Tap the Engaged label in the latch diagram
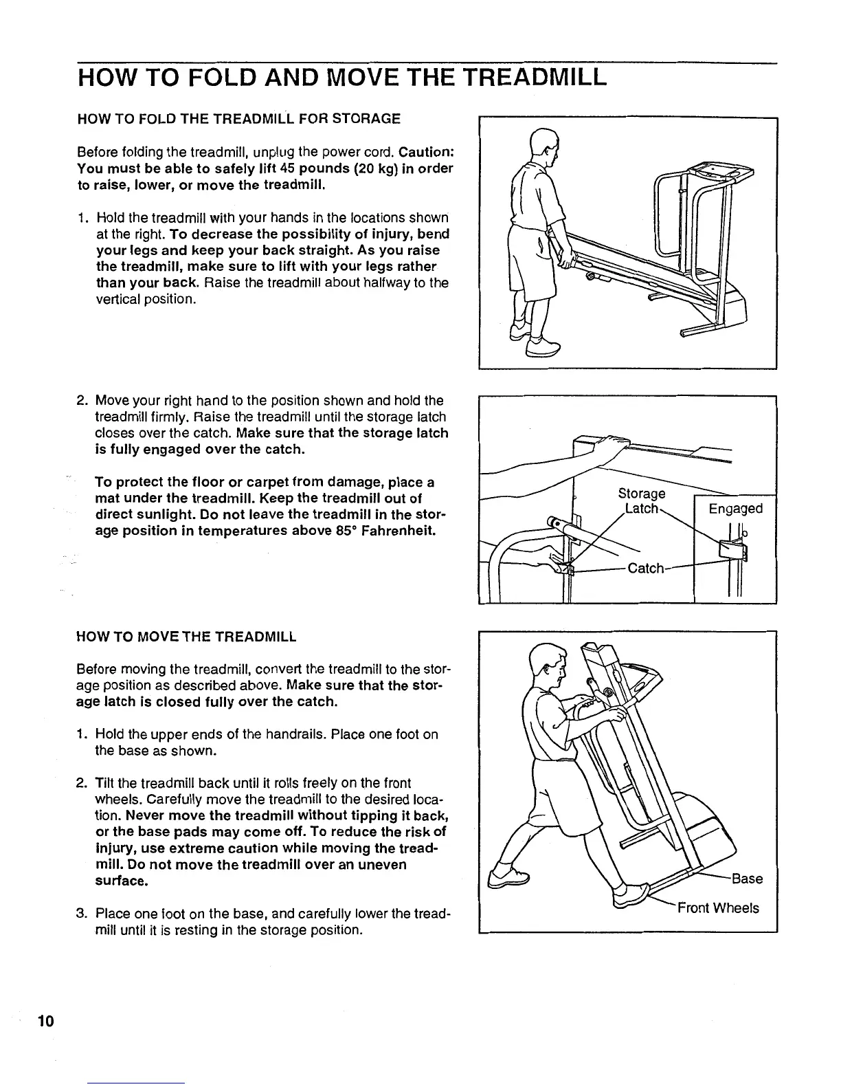pyautogui.click(x=735, y=509)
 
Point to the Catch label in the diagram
pyautogui.click(x=647, y=569)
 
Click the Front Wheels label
pyautogui.click(x=718, y=908)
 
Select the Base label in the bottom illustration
pyautogui.click(x=747, y=879)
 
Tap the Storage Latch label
pyautogui.click(x=642, y=501)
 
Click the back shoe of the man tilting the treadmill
pyautogui.click(x=508, y=878)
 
